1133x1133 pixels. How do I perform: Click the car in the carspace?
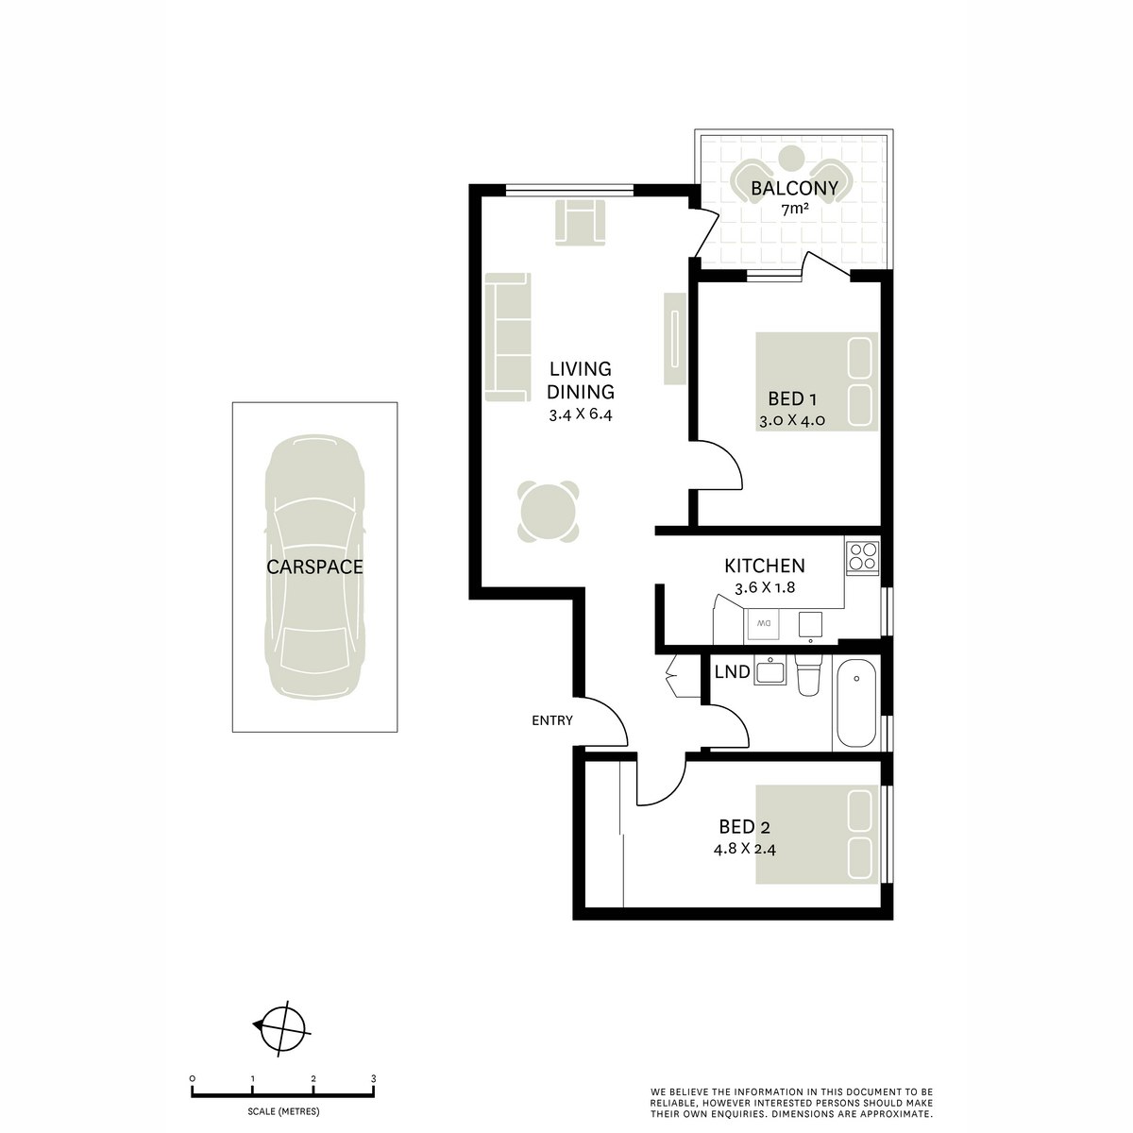point(314,566)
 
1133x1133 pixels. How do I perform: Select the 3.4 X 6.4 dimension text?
point(581,414)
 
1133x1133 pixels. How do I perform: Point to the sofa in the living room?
point(507,335)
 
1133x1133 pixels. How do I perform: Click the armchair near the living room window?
point(579,223)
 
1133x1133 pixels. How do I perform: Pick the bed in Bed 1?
point(818,380)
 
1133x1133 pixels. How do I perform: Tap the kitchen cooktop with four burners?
point(862,556)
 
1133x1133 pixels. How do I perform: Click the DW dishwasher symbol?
point(764,624)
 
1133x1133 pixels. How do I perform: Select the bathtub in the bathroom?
point(856,703)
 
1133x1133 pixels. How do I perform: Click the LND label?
point(733,672)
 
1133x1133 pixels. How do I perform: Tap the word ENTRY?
point(552,720)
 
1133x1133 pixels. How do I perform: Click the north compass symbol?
point(281,1026)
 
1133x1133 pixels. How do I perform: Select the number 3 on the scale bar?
point(374,1077)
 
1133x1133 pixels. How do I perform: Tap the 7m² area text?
point(794,210)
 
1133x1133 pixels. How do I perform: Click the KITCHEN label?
point(764,566)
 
